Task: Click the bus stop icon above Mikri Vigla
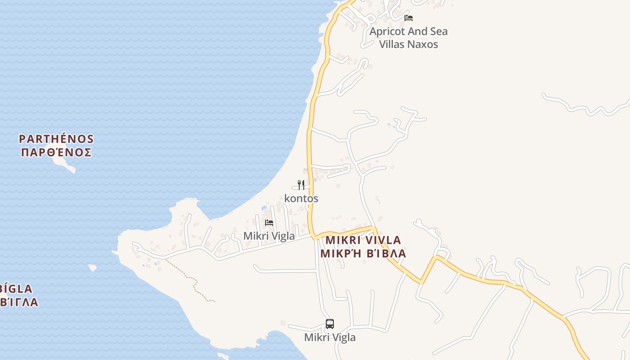tap(330, 324)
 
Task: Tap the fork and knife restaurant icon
tap(301, 184)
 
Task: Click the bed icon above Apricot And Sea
tap(409, 18)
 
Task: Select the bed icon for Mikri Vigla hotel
tap(269, 223)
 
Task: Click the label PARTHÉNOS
tap(56, 139)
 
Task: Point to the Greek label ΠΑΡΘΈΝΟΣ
tap(56, 152)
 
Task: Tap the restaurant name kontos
tap(301, 198)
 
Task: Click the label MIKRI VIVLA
tap(363, 240)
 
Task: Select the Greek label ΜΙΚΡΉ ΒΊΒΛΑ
tap(363, 253)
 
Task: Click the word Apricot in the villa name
tap(387, 31)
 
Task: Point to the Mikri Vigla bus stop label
tap(330, 337)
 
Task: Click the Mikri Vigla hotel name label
tap(269, 236)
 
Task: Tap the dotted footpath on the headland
tap(193, 281)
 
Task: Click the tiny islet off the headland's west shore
tap(92, 267)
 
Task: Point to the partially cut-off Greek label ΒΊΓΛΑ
tap(19, 302)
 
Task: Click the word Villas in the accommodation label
tap(392, 44)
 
